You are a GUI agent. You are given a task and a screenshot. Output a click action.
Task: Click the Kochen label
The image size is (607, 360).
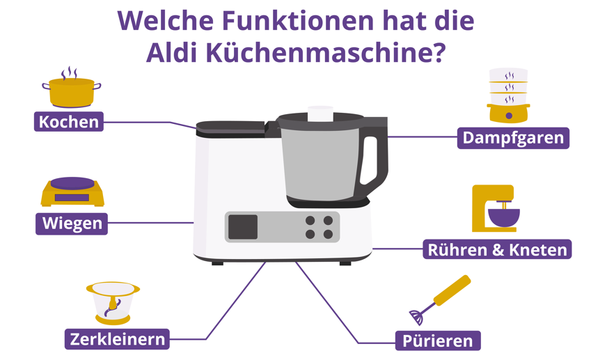point(69,122)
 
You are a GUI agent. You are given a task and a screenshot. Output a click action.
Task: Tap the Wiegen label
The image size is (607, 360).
point(72,224)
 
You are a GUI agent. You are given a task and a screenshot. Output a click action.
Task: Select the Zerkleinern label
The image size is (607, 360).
point(118,339)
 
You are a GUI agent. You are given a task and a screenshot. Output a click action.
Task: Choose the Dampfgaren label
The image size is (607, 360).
point(513,138)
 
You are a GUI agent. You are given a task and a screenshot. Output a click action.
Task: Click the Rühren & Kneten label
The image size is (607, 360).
point(497,249)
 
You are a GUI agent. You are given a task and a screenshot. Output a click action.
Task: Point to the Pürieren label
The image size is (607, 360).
point(438,341)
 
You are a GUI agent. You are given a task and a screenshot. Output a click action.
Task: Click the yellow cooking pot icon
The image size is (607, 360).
point(71,91)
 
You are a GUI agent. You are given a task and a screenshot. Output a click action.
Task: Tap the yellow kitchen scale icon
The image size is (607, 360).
point(72,192)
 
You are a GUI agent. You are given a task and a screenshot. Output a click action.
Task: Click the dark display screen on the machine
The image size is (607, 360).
point(243,227)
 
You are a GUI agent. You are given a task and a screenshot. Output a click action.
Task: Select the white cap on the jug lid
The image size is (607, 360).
point(321,113)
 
